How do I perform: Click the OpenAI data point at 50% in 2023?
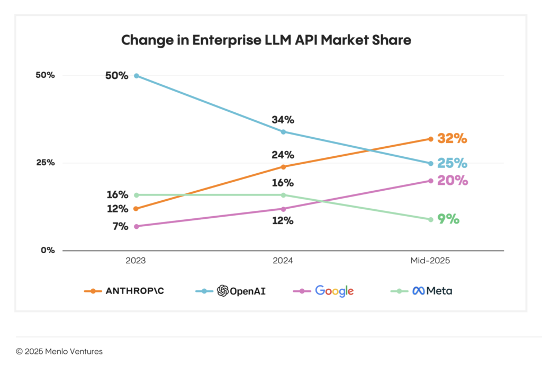136,76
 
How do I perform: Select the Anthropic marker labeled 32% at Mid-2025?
430,139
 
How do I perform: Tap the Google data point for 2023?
136,226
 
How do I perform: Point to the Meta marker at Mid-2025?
430,219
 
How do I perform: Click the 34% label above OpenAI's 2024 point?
283,119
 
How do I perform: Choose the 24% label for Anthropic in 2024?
283,155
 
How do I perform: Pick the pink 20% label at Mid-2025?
453,181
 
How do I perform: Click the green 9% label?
448,219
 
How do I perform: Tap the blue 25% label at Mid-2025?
452,163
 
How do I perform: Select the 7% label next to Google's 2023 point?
120,226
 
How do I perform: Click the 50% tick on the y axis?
46,75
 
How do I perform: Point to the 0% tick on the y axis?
48,250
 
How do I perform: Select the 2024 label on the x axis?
283,261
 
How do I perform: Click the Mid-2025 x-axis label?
430,261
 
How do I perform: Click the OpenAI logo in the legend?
222,291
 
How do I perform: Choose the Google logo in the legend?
334,291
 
